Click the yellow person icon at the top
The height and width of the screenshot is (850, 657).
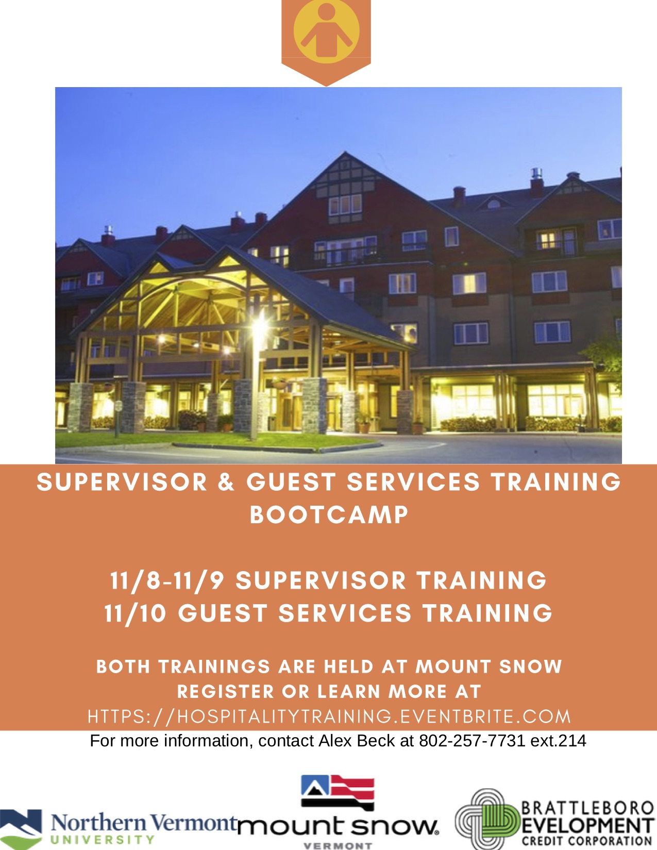tap(326, 31)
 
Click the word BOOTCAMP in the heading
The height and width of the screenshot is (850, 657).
tap(329, 515)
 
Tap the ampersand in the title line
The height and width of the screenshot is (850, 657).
tap(226, 481)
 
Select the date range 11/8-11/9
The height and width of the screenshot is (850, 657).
tap(167, 580)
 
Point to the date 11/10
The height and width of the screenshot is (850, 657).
tap(135, 613)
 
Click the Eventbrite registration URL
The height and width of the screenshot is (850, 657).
tap(329, 716)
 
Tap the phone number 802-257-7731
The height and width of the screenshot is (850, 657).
tap(471, 741)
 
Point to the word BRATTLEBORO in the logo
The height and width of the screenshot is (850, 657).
tap(588, 808)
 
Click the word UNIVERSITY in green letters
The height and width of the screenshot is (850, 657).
tap(103, 840)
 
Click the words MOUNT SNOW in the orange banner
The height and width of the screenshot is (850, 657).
tap(488, 667)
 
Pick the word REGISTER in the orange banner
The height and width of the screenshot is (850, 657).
tap(226, 692)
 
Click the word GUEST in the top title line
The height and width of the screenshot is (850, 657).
tap(291, 481)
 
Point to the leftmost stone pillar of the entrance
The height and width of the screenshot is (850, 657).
tap(80, 407)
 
